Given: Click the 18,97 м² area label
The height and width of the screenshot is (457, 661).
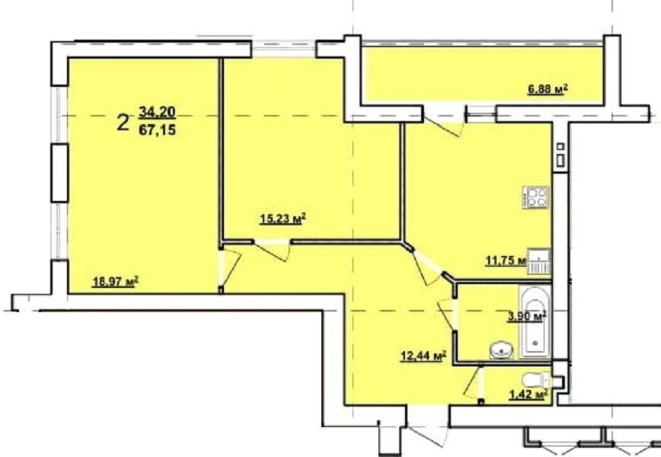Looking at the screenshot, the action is coord(116,281).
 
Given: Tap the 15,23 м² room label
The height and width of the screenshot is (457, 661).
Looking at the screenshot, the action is coord(283,219).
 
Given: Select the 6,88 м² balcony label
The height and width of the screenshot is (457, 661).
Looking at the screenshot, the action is coord(548,89).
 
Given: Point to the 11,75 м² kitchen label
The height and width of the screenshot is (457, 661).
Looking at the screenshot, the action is coord(506,260).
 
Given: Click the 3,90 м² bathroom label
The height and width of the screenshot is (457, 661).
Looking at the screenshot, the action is coord(527,316).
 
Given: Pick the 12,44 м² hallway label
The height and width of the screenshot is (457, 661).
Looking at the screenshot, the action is coord(423,356).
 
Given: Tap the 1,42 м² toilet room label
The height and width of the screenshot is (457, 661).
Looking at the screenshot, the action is coord(528,395).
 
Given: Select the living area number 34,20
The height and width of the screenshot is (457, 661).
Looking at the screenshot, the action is coord(157,112).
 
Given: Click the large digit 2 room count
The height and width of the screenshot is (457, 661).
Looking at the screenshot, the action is coord(123,123).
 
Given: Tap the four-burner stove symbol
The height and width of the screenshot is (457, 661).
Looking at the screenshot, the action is coord(536,197).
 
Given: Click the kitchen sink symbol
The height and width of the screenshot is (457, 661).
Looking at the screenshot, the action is coord(539,261).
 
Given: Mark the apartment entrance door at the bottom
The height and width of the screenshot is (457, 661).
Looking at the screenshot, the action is coord(428,431).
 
